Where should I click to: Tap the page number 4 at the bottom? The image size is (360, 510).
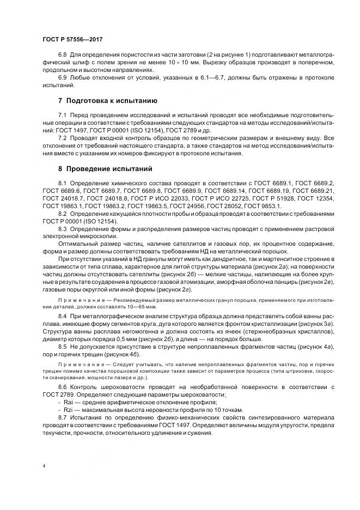[43, 466]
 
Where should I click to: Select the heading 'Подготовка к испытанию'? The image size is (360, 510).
[111, 101]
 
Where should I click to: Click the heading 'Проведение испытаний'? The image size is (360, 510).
[107, 168]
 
